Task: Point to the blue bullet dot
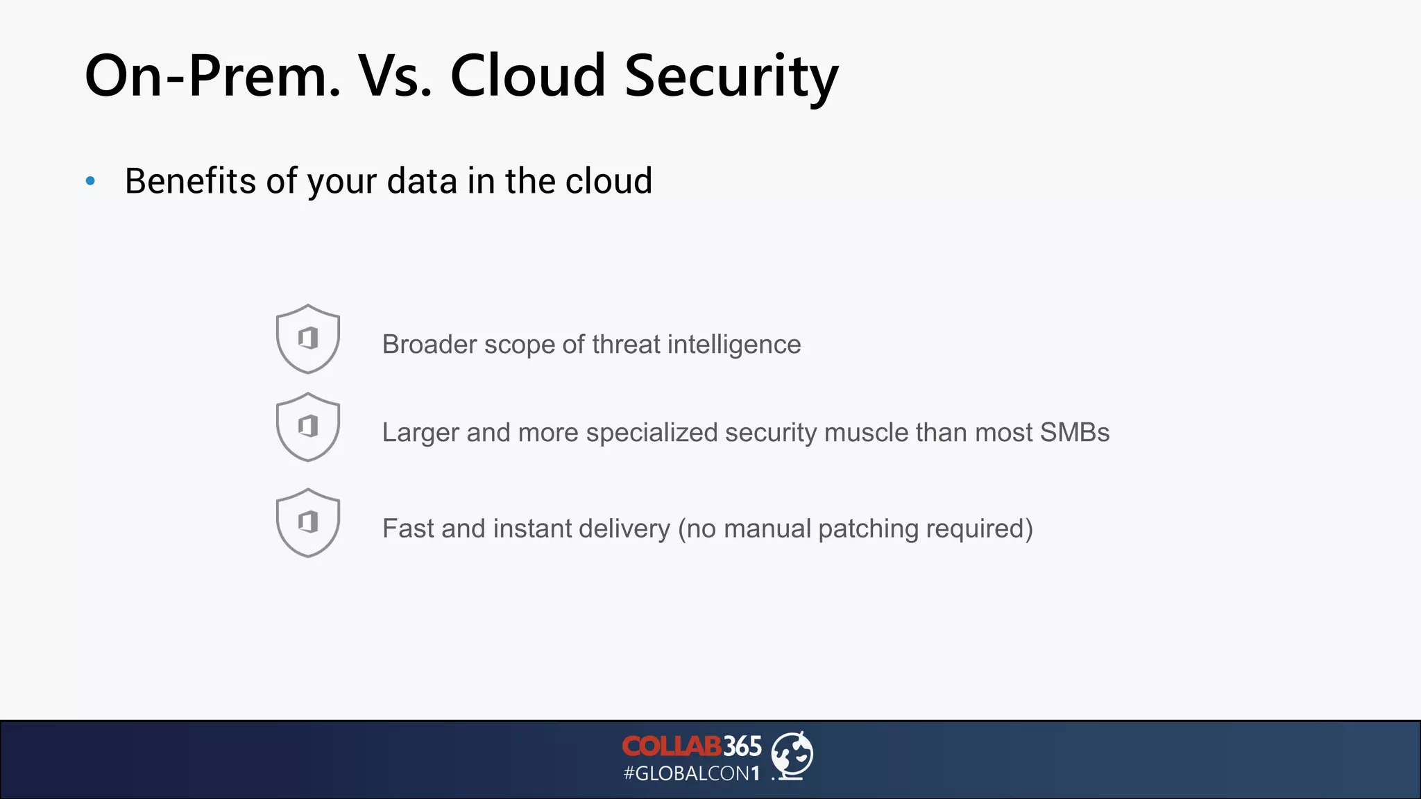point(90,182)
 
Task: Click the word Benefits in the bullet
point(190,181)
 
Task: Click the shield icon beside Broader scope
point(308,338)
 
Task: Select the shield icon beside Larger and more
point(308,427)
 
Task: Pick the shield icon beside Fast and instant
point(308,522)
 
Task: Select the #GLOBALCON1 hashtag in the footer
point(692,773)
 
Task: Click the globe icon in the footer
point(792,755)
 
